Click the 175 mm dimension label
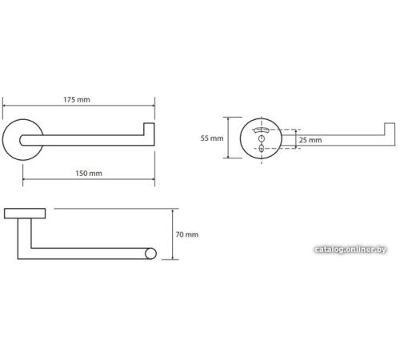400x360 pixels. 77,100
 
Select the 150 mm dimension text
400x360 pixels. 89,174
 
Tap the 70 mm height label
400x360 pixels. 187,234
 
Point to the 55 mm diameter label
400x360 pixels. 212,138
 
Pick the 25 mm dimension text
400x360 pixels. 310,140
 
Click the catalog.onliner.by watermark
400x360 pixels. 350,250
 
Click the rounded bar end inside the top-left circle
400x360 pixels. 22,140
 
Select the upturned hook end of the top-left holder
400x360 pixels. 149,130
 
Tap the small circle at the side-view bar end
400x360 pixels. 150,254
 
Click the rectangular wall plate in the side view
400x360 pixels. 25,214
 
